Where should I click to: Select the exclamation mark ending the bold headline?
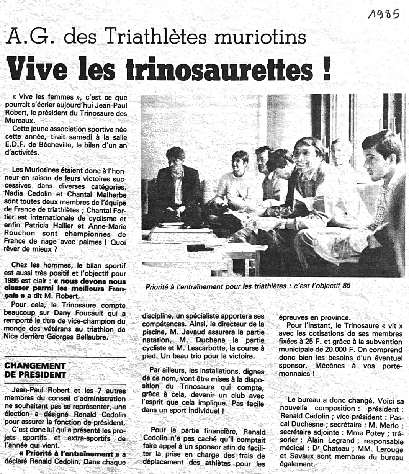tap(326, 69)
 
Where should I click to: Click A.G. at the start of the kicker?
tap(29, 37)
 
